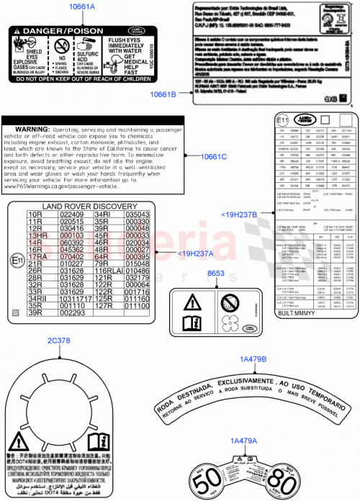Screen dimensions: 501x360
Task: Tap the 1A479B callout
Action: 251,358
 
